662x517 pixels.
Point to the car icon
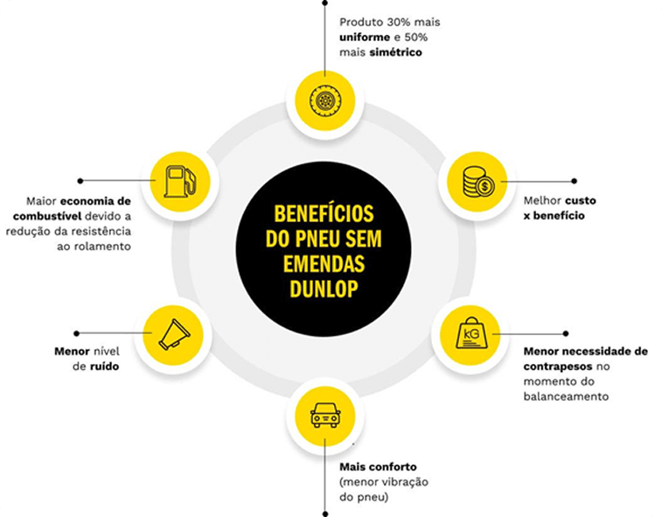(x=324, y=416)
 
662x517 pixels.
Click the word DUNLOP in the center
(x=323, y=289)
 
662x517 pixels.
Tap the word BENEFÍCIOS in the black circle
(x=324, y=214)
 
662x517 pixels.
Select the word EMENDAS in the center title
(x=323, y=264)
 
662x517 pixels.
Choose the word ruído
(x=103, y=367)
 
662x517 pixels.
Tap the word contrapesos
(x=558, y=367)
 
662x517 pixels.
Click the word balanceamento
(x=567, y=396)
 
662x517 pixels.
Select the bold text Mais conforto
(x=378, y=465)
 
